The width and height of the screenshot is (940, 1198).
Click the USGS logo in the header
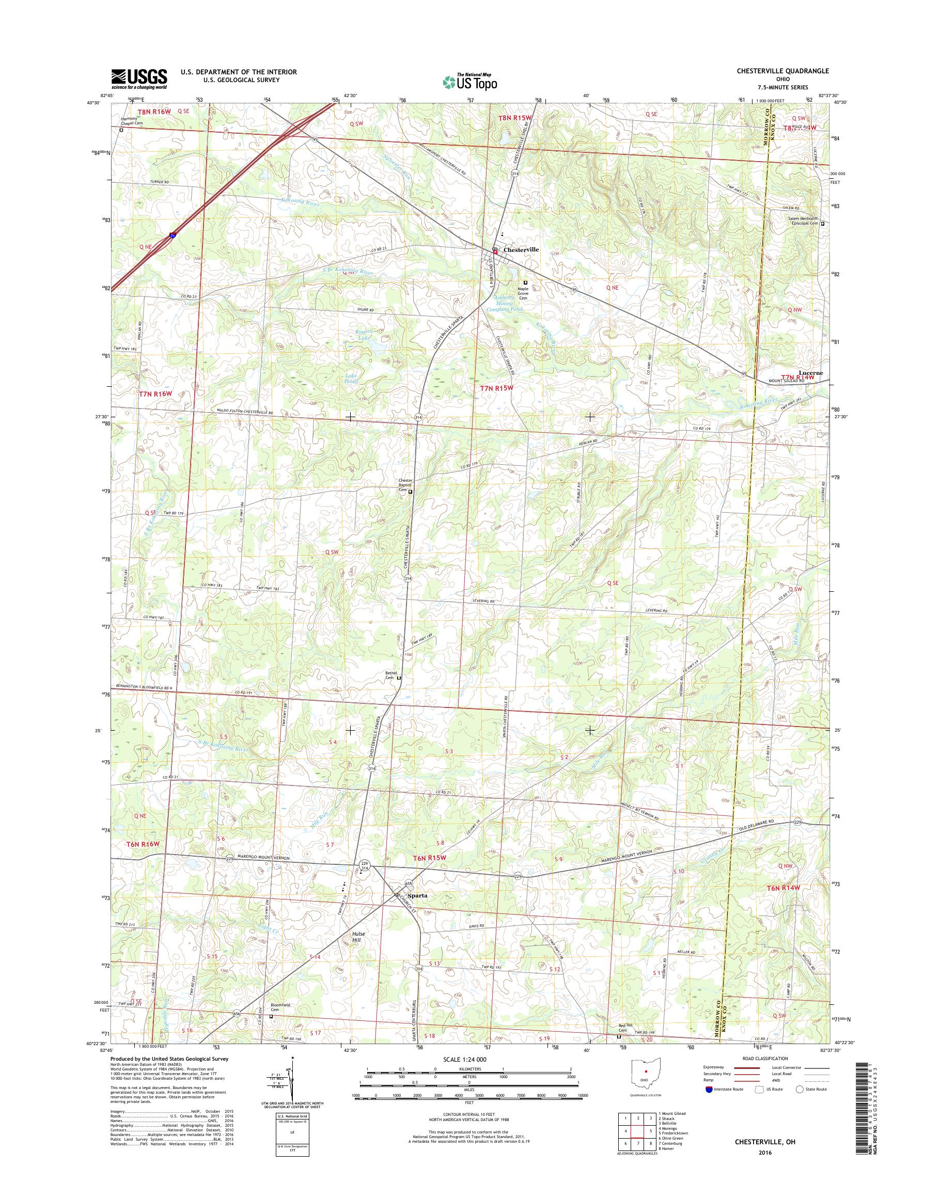(x=139, y=78)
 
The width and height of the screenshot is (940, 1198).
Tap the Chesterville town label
(x=521, y=249)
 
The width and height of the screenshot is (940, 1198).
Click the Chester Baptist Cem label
(x=405, y=485)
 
